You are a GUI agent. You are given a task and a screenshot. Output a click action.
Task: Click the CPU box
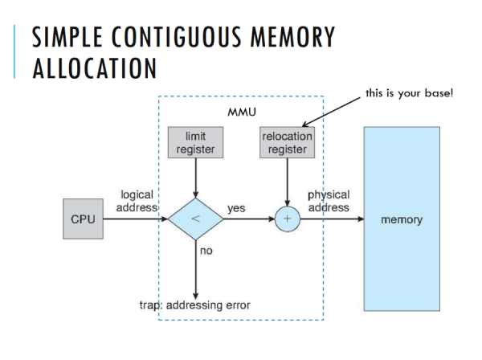(x=83, y=219)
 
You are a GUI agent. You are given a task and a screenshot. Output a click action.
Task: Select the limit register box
(x=195, y=142)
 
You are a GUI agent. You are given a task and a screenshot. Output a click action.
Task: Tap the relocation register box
(x=287, y=142)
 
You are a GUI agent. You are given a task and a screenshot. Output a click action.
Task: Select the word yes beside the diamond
(x=236, y=208)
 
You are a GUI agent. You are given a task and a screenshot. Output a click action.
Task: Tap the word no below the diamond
(x=206, y=252)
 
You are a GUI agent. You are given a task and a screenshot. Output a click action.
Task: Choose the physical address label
(x=329, y=201)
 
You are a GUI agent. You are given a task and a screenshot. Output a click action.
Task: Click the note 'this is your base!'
(x=409, y=94)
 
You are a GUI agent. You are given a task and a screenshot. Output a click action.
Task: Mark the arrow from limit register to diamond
(x=195, y=177)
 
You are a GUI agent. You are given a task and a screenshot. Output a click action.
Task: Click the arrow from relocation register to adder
(x=287, y=181)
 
